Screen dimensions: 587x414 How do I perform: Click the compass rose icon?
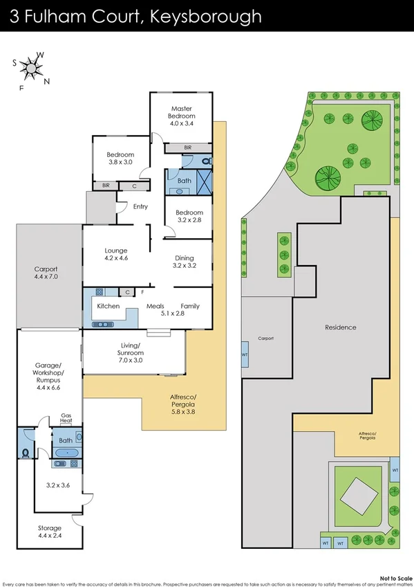coord(31,69)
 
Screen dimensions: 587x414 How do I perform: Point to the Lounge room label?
coord(116,250)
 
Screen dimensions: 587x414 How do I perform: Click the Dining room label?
coord(184,258)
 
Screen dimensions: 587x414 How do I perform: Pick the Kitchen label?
coord(109,306)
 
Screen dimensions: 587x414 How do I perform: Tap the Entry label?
coord(140,206)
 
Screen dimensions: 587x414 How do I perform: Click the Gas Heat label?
coord(66,417)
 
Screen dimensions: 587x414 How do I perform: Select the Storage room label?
coord(49,528)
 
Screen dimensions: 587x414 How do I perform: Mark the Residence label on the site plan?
coord(341,327)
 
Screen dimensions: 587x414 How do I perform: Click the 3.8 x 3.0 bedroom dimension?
coord(120,163)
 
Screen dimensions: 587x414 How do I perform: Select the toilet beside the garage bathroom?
coord(26,454)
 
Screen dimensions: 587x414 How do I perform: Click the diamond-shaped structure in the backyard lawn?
coord(358,494)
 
